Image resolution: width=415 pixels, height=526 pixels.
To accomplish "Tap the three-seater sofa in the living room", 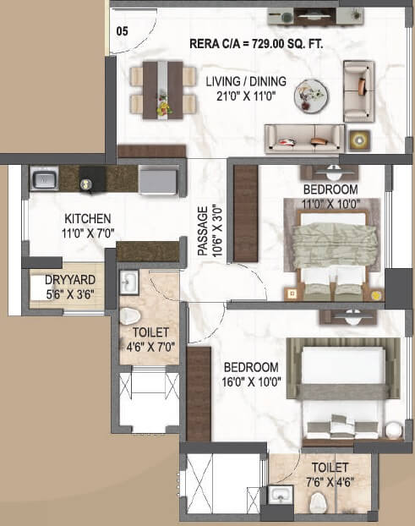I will (x=304, y=138).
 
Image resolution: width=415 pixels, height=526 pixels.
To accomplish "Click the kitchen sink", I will (x=44, y=178).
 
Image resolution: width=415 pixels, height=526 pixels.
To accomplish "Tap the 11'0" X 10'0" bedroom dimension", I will (x=330, y=202).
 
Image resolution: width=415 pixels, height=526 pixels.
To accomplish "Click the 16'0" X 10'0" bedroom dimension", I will (x=250, y=381).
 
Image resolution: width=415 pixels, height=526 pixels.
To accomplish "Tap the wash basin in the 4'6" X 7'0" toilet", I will (x=129, y=282).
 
